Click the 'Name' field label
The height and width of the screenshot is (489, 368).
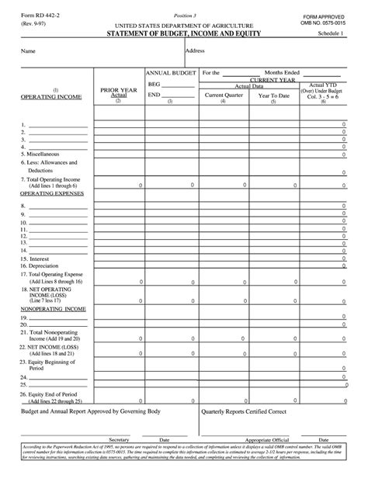pyautogui.click(x=28, y=52)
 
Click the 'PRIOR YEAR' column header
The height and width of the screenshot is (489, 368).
pyautogui.click(x=118, y=91)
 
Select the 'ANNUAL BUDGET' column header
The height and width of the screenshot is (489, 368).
pyautogui.click(x=170, y=73)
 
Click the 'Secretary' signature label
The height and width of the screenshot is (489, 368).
pyautogui.click(x=119, y=439)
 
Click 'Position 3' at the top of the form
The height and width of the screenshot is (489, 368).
pyautogui.click(x=185, y=15)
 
